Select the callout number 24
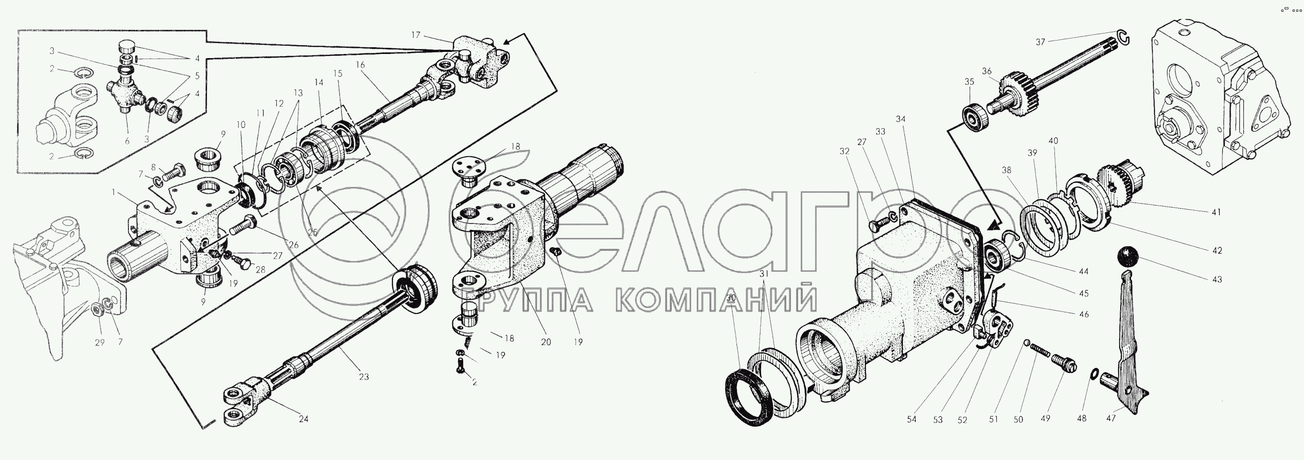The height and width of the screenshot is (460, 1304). (304, 419)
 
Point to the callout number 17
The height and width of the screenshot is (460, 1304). (415, 35)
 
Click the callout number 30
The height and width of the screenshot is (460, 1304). (731, 298)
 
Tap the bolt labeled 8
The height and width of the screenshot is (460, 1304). (175, 172)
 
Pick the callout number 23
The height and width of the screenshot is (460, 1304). (364, 377)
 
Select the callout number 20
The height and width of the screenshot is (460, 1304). (545, 342)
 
